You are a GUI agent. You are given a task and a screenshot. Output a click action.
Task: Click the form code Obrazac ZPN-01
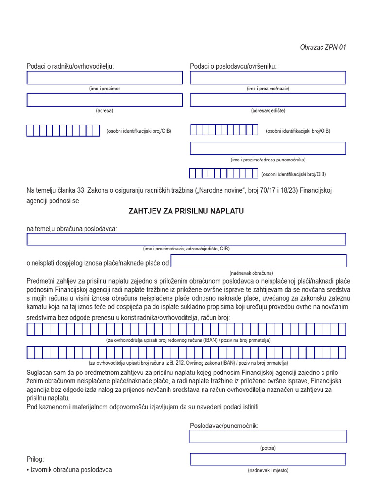(x=323, y=47)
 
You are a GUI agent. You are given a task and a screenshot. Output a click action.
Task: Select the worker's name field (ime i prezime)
(x=104, y=78)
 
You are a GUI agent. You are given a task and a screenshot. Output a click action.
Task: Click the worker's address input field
(x=104, y=100)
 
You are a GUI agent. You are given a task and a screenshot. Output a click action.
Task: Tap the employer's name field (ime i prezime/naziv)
(x=268, y=78)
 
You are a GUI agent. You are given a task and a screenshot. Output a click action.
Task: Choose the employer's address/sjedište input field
(x=268, y=100)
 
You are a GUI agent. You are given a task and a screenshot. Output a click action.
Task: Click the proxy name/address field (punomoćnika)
(x=268, y=148)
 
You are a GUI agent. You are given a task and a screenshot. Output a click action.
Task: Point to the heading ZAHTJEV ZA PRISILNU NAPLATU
(x=186, y=211)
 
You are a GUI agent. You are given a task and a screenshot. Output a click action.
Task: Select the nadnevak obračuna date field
(x=258, y=261)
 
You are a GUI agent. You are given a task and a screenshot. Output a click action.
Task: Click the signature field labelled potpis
(x=268, y=437)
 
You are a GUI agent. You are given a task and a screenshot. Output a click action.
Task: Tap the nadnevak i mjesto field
(x=268, y=460)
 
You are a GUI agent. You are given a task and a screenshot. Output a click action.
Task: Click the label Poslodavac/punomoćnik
(x=224, y=426)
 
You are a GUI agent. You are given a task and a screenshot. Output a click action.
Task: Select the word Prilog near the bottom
(x=35, y=459)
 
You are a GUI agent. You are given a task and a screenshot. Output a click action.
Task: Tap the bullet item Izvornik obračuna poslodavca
(x=70, y=470)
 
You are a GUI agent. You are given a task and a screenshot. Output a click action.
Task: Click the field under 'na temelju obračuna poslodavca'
(x=186, y=239)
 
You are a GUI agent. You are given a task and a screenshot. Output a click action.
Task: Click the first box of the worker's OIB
(x=30, y=130)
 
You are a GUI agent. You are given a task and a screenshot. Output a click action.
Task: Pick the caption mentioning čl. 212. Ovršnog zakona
(x=188, y=363)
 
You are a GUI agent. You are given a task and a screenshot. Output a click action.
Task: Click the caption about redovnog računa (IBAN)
(x=188, y=340)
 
